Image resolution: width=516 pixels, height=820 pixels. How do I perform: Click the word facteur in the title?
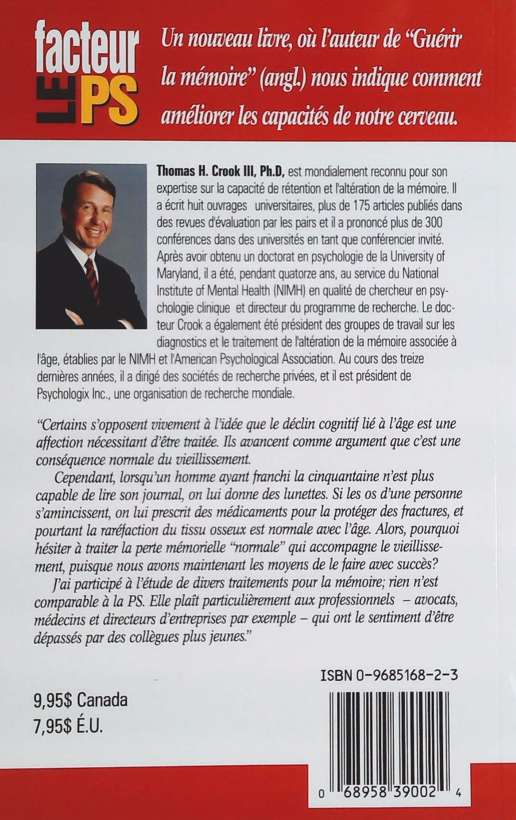88,51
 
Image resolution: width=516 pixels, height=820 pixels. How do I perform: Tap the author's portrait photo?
91,246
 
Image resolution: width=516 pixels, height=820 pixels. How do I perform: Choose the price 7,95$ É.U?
68,727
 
